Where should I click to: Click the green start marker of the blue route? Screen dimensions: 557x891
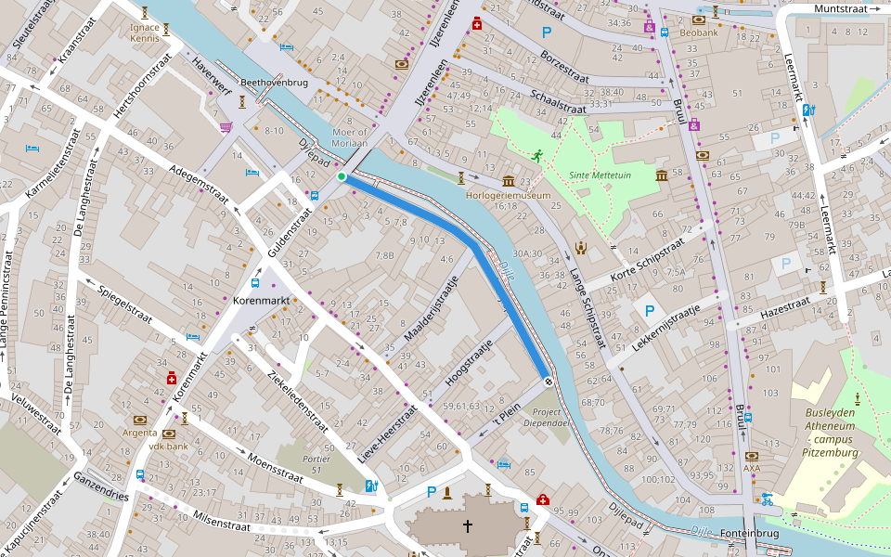tap(342, 176)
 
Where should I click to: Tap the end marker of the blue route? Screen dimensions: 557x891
tap(549, 380)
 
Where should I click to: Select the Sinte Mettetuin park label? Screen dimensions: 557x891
tap(600, 175)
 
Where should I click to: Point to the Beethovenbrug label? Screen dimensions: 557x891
tap(274, 83)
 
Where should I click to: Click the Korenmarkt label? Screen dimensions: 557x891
tap(261, 303)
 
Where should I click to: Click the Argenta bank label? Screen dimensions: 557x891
tap(139, 433)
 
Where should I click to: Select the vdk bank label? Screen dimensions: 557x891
tap(168, 447)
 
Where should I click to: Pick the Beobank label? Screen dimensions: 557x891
tap(699, 32)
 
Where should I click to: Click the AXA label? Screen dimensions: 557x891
tap(752, 469)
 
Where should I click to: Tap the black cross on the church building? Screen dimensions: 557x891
tap(468, 526)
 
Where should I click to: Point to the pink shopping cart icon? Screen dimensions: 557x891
tap(226, 127)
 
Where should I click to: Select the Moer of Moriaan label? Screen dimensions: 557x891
tap(350, 137)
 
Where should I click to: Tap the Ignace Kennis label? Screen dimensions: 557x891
tap(145, 33)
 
